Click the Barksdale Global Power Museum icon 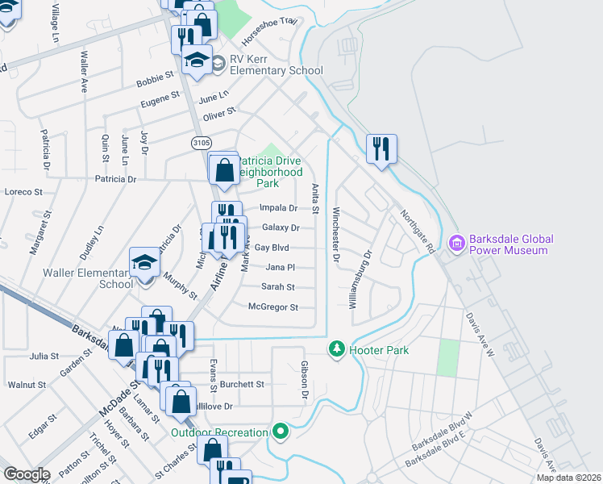click(x=457, y=242)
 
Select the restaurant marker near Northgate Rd click(x=381, y=149)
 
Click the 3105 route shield click(x=202, y=143)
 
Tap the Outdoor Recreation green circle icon click(x=281, y=432)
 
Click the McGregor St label click(x=273, y=307)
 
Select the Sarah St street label click(x=278, y=287)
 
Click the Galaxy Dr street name click(x=281, y=228)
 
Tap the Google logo click(x=27, y=474)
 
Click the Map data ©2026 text click(x=569, y=478)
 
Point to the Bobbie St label click(x=156, y=79)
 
